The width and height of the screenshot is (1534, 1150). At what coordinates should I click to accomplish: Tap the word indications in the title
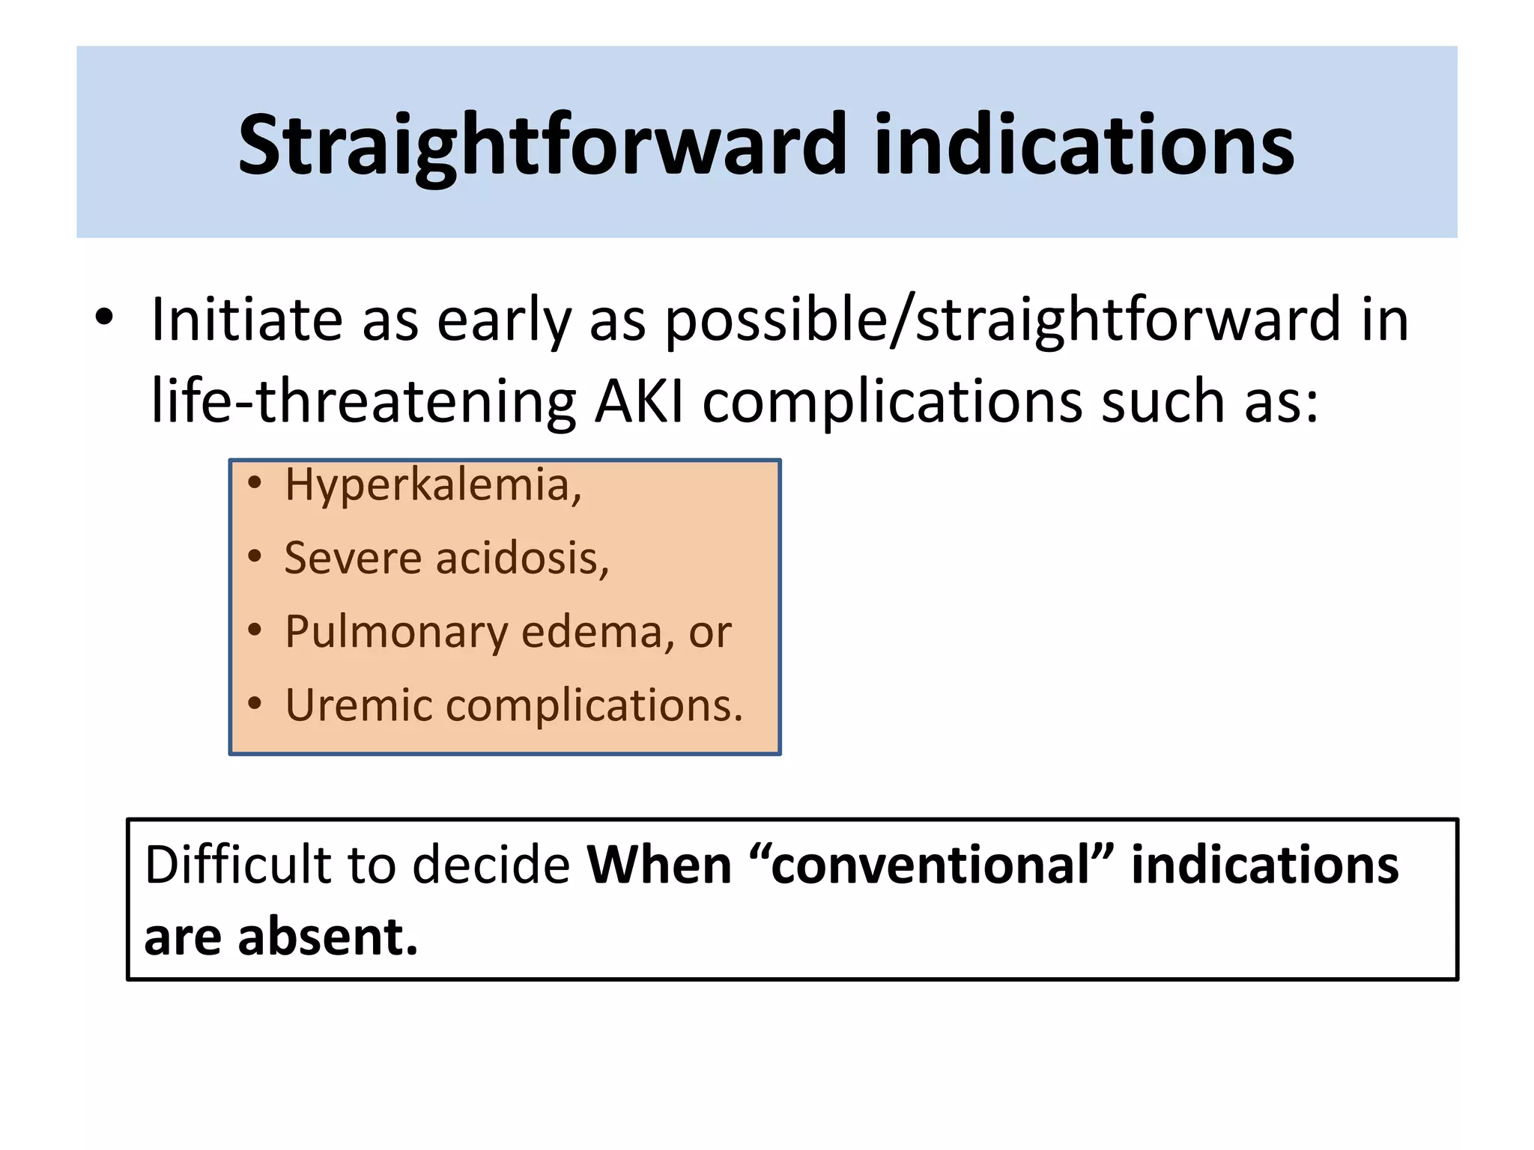[1083, 145]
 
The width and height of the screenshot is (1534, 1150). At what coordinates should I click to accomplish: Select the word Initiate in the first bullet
[247, 320]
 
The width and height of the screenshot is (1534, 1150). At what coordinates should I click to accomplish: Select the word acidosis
[522, 559]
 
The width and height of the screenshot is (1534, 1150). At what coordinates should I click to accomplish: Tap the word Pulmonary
[396, 633]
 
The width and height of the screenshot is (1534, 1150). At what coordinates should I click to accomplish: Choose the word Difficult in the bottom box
[237, 865]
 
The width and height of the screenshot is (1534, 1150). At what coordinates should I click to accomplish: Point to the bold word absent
[327, 937]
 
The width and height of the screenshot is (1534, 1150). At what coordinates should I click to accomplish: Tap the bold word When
[659, 865]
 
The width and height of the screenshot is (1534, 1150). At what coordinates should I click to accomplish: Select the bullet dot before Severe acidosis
[255, 557]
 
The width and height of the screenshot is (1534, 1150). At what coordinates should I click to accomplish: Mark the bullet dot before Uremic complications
[255, 704]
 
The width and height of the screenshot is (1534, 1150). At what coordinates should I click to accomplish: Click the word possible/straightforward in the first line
[1002, 320]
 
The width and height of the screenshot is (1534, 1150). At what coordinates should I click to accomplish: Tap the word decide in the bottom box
[491, 865]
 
